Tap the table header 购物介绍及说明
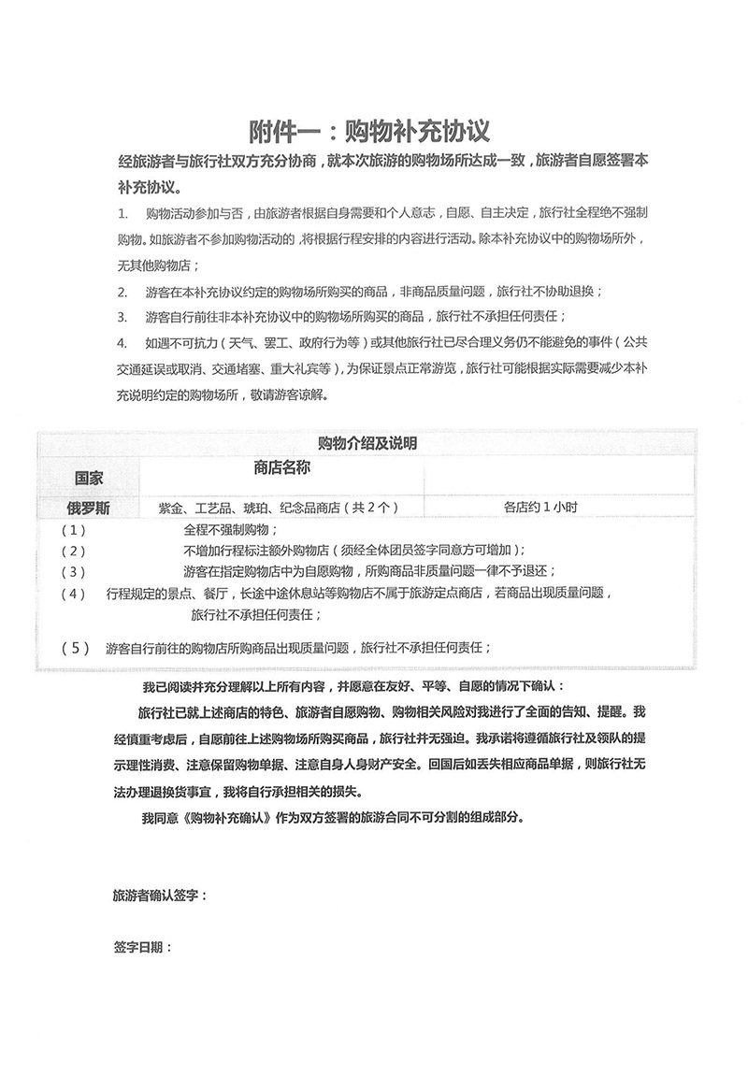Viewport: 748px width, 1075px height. [x=367, y=442]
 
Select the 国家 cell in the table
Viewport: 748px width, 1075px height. [x=90, y=478]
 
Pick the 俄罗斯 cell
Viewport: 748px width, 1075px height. [x=90, y=507]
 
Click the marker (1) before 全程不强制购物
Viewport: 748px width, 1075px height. [x=73, y=529]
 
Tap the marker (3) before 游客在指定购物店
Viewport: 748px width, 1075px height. [x=73, y=570]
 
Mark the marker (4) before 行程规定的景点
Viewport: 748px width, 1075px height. [x=73, y=593]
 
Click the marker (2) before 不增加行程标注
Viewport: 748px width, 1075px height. [x=73, y=550]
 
